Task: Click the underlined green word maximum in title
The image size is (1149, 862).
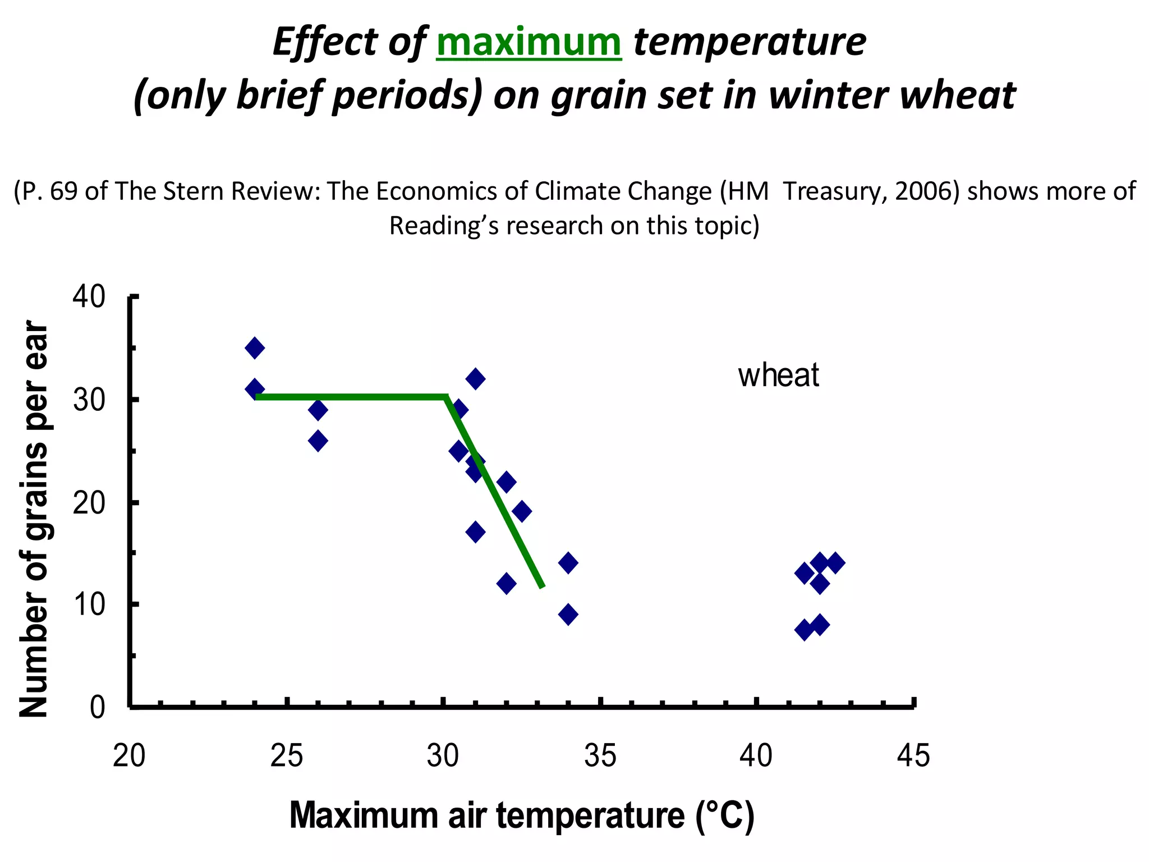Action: pos(528,43)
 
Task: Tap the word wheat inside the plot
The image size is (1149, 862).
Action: pos(778,375)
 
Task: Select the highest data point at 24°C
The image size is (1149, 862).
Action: pos(255,348)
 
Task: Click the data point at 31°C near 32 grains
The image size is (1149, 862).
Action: pos(475,379)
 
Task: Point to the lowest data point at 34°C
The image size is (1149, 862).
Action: pos(568,615)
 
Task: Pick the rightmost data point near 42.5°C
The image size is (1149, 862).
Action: pos(835,562)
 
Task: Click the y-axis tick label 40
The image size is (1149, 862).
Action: pos(89,296)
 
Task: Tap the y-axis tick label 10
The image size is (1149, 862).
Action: pos(89,604)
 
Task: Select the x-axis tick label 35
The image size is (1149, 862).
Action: pos(600,755)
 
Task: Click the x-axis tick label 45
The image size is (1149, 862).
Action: pos(913,755)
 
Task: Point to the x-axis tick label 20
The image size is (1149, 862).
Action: pos(129,755)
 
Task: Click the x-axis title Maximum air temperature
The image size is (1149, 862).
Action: pos(522,815)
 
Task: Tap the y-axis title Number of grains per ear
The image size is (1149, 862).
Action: pos(34,519)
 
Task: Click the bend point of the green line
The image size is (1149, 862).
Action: pos(446,397)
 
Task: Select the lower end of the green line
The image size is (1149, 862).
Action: pos(542,586)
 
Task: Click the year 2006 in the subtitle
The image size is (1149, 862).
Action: pos(927,191)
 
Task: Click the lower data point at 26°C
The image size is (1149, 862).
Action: pos(318,441)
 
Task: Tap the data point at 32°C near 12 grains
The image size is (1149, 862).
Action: pos(506,584)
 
